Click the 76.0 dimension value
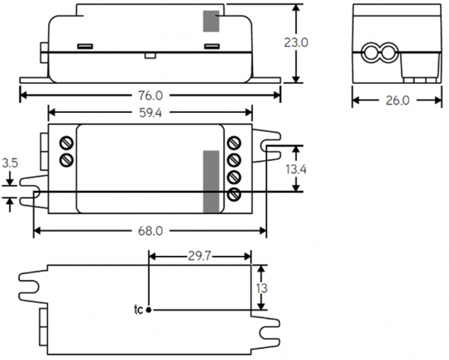(x=150, y=96)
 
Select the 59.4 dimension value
(x=150, y=112)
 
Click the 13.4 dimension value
(x=296, y=170)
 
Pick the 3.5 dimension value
(x=10, y=162)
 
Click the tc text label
(x=138, y=309)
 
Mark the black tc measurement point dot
(x=149, y=309)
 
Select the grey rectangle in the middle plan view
(x=212, y=181)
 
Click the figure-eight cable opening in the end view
(x=379, y=53)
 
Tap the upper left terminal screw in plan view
(x=66, y=142)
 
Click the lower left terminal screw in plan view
(x=66, y=159)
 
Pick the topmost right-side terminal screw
(x=233, y=142)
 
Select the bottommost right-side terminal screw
(x=233, y=195)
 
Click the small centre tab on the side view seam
(x=150, y=55)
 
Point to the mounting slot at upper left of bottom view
(x=30, y=279)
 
